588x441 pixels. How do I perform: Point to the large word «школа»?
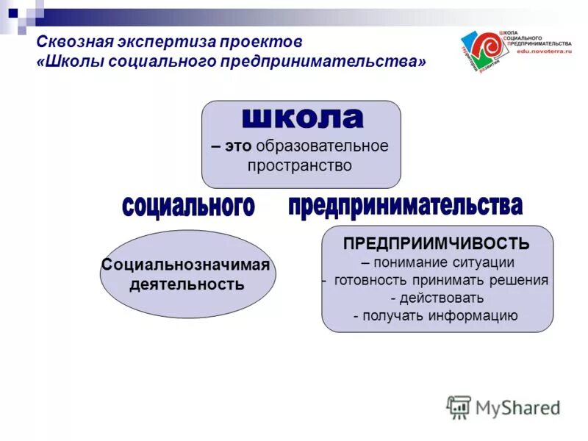tap(302, 118)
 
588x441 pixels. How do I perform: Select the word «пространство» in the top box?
tap(300, 165)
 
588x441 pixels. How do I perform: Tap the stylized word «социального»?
tap(188, 207)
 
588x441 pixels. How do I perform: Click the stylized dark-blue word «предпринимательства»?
tap(405, 206)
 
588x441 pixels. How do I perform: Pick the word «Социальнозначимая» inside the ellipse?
tap(186, 265)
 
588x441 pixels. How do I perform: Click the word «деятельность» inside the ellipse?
tap(187, 284)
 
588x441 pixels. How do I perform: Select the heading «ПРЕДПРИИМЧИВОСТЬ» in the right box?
tap(437, 244)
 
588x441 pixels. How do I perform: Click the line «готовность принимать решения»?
tap(441, 280)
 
